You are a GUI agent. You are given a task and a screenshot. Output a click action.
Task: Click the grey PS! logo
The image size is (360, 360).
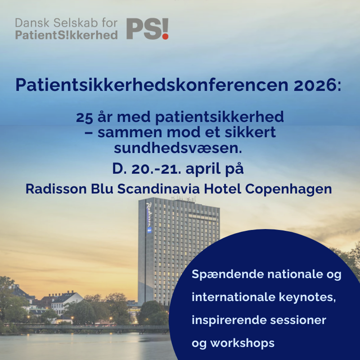[147, 29]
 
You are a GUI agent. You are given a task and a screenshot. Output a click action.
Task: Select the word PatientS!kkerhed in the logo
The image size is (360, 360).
[66, 35]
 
